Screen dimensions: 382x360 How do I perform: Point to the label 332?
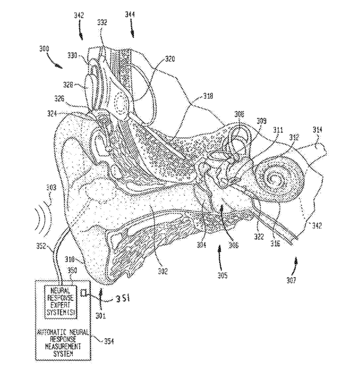(x=102, y=22)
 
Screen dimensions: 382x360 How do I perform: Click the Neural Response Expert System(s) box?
(x=61, y=301)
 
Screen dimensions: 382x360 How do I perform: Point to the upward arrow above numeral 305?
(x=218, y=254)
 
